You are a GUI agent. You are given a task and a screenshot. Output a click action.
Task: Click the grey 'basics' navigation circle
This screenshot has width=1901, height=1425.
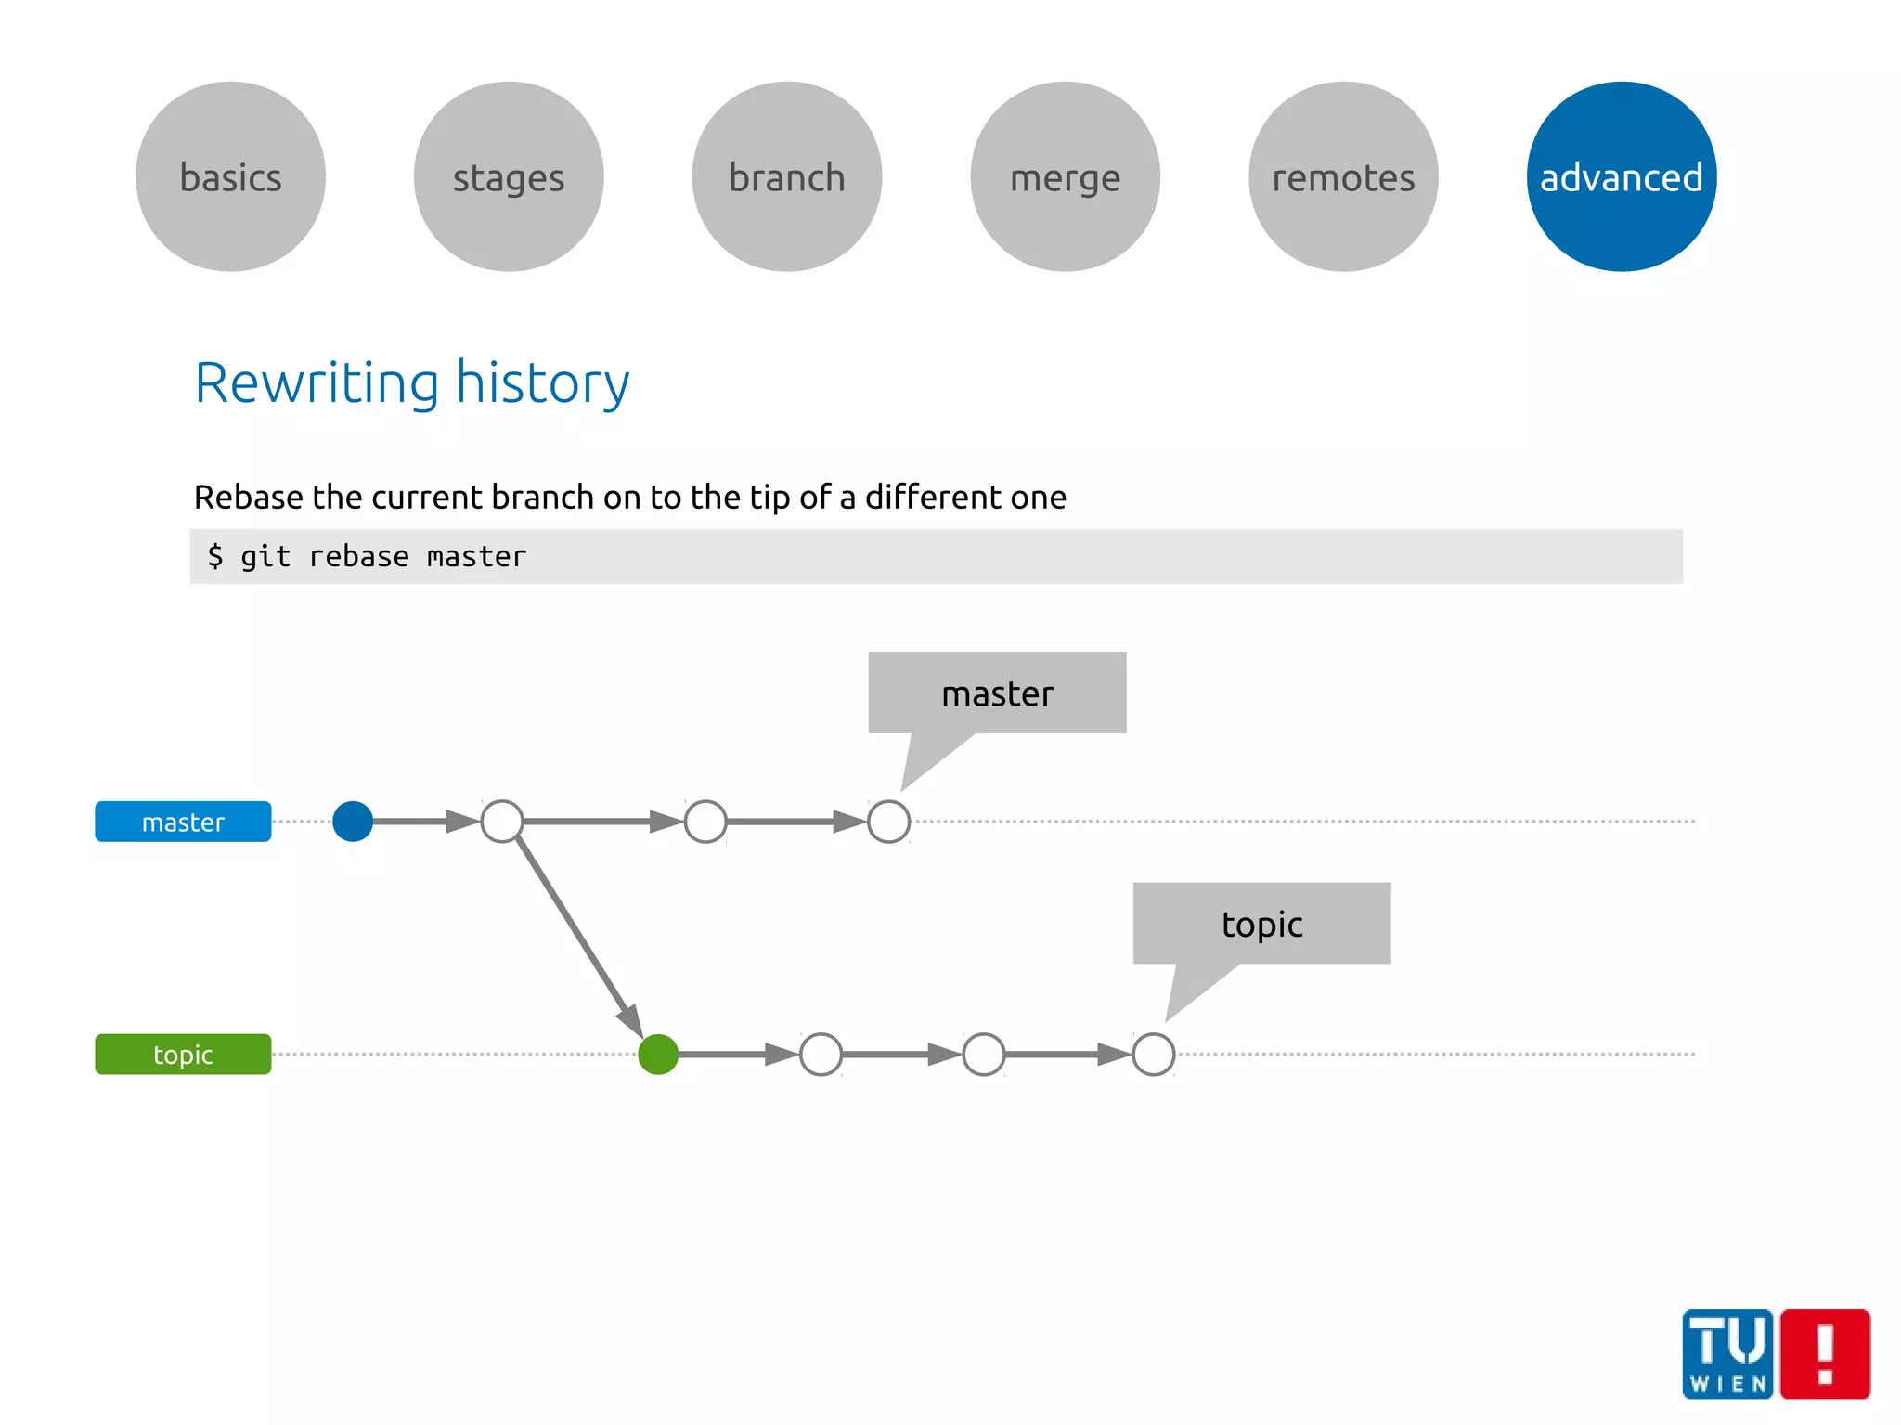(x=230, y=176)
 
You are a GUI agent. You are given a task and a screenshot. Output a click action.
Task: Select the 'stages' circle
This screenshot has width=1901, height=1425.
(x=509, y=176)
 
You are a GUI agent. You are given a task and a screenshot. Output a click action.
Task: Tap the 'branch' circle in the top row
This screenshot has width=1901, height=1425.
(x=787, y=176)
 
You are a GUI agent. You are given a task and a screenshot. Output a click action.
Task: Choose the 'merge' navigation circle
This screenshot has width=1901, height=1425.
(x=1066, y=176)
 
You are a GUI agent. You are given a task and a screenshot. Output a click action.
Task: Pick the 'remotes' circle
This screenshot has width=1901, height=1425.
(x=1343, y=176)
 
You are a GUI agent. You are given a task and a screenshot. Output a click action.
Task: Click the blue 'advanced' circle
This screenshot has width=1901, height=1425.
(x=1622, y=176)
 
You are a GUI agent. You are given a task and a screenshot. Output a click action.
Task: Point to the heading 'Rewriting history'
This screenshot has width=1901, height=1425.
(x=411, y=382)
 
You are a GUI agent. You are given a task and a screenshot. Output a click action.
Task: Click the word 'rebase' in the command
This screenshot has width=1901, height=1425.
(x=358, y=557)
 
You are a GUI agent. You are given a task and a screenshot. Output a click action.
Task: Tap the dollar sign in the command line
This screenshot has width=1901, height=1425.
(x=215, y=557)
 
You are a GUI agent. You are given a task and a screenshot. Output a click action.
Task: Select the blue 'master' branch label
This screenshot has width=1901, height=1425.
(x=183, y=822)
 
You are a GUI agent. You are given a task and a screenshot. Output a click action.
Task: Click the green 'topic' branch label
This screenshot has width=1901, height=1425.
(x=183, y=1055)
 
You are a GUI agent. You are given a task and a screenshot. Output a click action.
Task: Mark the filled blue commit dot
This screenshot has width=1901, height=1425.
(x=353, y=822)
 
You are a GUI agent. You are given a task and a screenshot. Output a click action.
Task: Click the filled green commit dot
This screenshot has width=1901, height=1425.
(x=658, y=1055)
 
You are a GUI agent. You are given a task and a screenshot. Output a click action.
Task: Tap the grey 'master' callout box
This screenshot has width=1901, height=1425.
(x=997, y=693)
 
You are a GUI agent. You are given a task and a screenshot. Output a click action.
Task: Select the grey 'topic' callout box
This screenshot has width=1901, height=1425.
(x=1261, y=924)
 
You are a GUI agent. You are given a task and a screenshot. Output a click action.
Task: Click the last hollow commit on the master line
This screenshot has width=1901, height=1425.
(x=888, y=822)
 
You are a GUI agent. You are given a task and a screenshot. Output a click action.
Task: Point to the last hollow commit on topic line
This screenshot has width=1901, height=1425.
(x=1154, y=1055)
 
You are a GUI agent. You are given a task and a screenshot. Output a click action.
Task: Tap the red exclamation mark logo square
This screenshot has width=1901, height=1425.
(x=1825, y=1354)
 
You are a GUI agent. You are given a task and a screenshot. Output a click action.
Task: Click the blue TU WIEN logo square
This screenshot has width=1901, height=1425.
(x=1727, y=1354)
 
